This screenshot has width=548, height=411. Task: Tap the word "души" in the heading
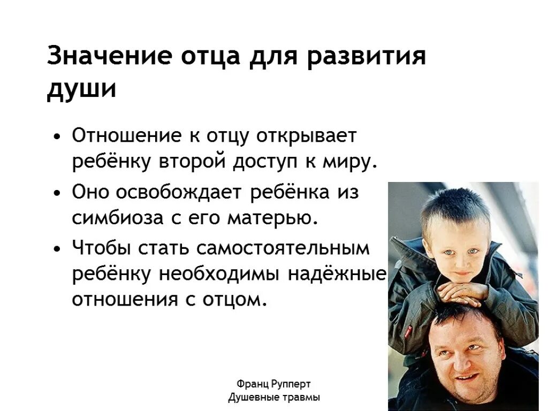click(81, 89)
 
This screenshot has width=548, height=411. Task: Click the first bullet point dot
click(57, 136)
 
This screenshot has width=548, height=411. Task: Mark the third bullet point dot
click(57, 249)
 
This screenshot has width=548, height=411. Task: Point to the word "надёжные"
click(338, 273)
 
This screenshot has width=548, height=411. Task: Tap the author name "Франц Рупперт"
click(273, 384)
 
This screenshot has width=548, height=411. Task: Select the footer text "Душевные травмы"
click(273, 398)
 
